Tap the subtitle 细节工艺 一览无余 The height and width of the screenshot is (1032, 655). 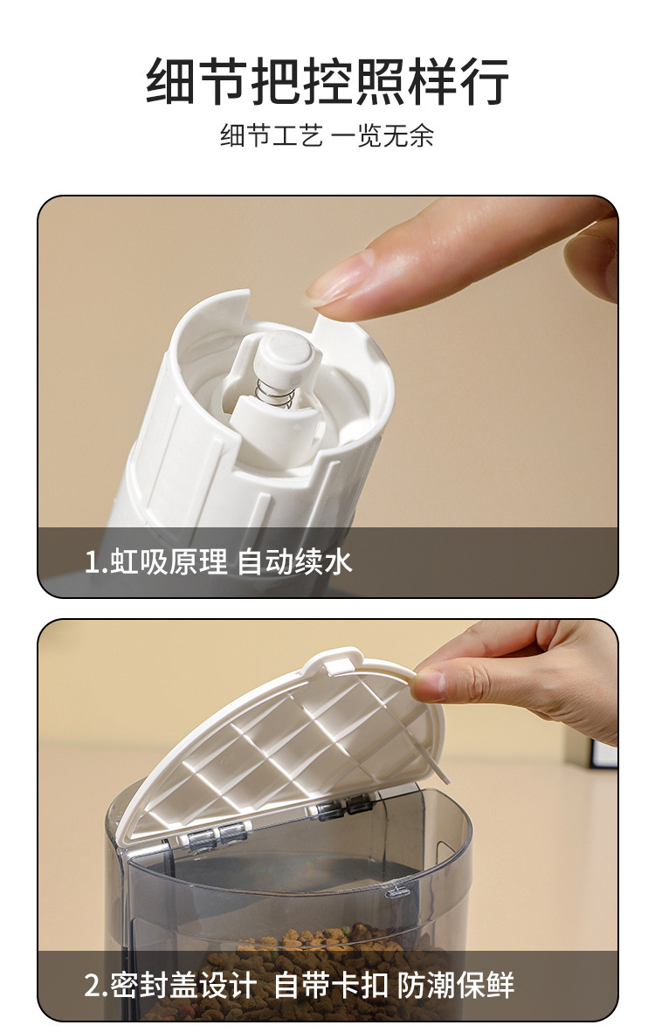point(327,136)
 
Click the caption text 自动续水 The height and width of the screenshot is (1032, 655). point(295,561)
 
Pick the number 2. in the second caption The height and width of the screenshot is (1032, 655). point(96,985)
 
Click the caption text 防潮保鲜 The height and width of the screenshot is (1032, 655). point(456,985)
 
